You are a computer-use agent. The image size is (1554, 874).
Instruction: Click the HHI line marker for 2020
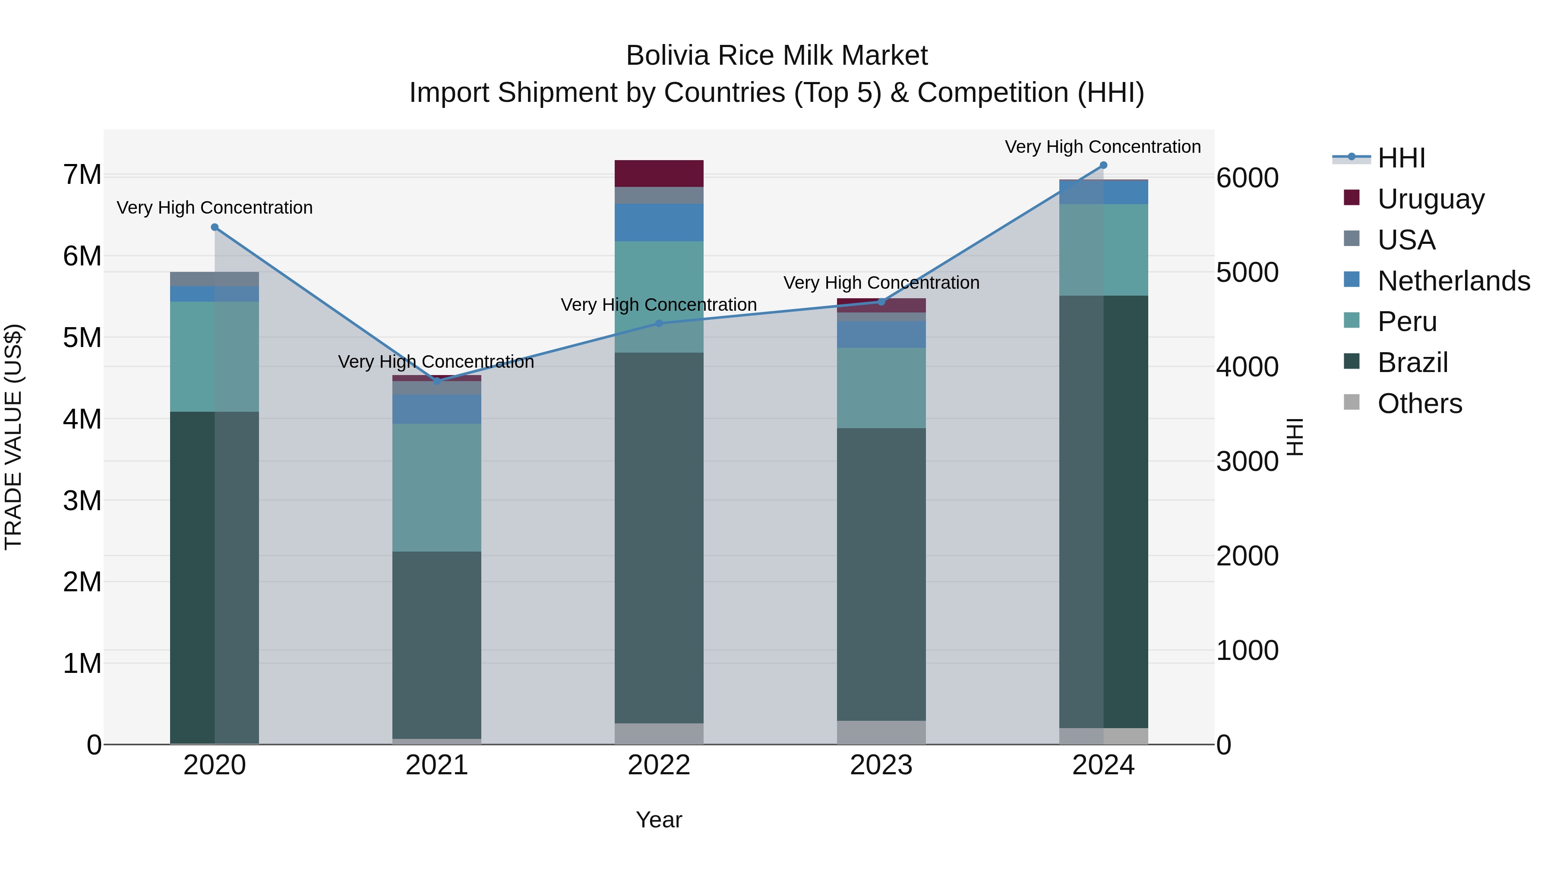tap(215, 227)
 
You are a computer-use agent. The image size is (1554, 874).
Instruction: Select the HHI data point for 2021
tap(437, 381)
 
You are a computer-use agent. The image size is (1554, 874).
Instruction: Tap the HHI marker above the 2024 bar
tap(1103, 165)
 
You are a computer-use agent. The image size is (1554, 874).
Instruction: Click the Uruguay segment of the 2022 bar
tap(659, 173)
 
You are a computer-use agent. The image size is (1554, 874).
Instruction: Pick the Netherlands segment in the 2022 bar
tap(659, 223)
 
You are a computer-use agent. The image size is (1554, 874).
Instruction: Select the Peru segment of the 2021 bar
tap(437, 487)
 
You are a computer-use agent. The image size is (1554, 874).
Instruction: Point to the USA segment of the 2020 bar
tap(215, 279)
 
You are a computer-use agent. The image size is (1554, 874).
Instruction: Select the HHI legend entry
tap(1401, 158)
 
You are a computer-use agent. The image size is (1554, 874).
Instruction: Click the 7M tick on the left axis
tap(82, 175)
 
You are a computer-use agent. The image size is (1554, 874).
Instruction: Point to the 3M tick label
tap(82, 501)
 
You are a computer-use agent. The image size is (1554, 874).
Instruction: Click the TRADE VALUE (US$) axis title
tap(13, 437)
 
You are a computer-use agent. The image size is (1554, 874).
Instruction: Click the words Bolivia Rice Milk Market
tap(777, 56)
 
